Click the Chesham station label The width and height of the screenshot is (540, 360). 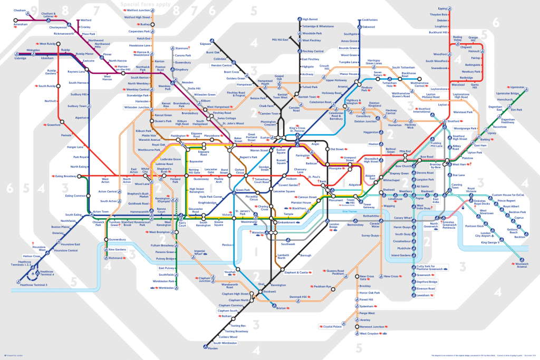[x=20, y=10]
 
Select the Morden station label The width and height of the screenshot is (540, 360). [x=213, y=348]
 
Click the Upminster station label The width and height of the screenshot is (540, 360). [x=519, y=87]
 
